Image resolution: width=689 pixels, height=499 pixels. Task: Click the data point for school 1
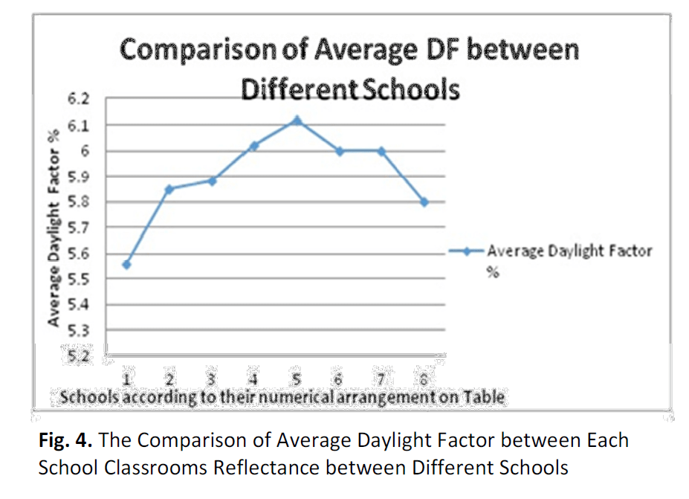click(127, 265)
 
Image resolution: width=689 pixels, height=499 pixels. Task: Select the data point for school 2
click(169, 189)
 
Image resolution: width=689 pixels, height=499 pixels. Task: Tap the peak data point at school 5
click(297, 120)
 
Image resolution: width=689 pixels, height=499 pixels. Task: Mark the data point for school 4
click(254, 146)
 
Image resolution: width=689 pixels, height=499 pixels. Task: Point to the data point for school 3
click(212, 181)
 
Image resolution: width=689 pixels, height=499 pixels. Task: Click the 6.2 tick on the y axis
click(78, 100)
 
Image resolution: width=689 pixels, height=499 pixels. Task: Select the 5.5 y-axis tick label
click(78, 279)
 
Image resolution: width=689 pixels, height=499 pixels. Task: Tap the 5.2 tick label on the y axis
click(78, 355)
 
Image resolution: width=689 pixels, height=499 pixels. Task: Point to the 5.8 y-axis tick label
click(78, 202)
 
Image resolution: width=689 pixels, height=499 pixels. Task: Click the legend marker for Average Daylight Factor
click(466, 251)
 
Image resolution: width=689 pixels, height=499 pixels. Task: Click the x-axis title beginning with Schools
click(282, 398)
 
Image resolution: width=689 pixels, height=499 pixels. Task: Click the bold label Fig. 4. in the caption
click(66, 440)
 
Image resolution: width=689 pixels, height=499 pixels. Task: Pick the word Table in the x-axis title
click(485, 398)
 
